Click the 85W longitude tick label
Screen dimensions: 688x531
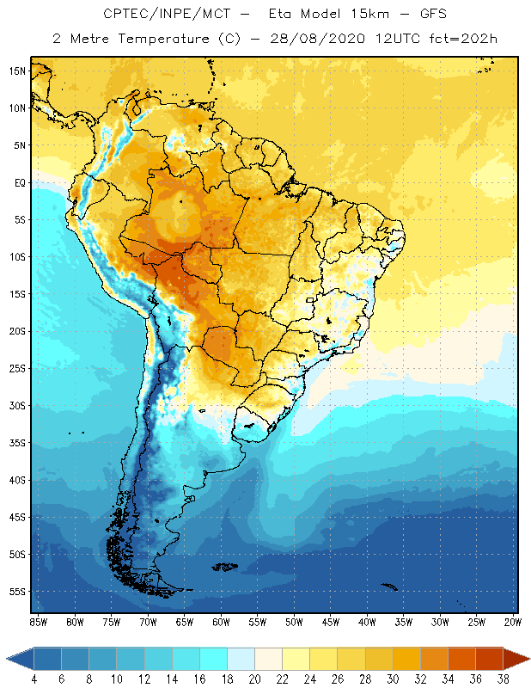(39, 621)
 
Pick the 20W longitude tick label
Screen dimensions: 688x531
(511, 621)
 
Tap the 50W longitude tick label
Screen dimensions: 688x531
(294, 621)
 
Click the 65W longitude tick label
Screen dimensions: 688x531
(184, 621)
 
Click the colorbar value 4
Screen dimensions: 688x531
(34, 679)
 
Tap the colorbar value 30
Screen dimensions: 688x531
(393, 679)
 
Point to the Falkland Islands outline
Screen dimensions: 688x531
(225, 566)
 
